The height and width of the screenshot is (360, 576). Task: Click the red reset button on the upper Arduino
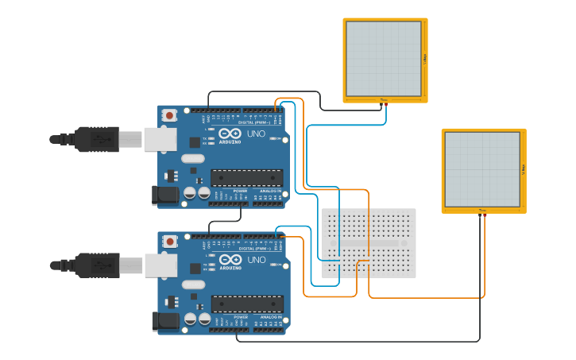(x=169, y=115)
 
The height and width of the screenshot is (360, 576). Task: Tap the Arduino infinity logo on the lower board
(x=230, y=260)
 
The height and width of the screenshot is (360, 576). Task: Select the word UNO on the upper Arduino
(x=256, y=134)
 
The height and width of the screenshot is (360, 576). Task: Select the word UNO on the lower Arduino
(x=257, y=260)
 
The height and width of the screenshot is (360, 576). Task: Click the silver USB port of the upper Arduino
(x=160, y=139)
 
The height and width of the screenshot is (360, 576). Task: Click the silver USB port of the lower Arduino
(x=160, y=265)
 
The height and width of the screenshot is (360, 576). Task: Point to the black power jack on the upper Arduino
(x=163, y=195)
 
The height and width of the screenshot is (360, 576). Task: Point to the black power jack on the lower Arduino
(x=164, y=320)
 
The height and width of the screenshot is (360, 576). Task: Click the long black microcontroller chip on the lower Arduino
(x=247, y=304)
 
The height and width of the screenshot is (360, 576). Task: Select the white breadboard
(x=369, y=242)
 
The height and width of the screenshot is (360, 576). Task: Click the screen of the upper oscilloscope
(x=384, y=59)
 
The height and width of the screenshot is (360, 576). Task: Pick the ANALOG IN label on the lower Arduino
(x=271, y=317)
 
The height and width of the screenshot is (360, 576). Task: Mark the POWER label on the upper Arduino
(x=240, y=191)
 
